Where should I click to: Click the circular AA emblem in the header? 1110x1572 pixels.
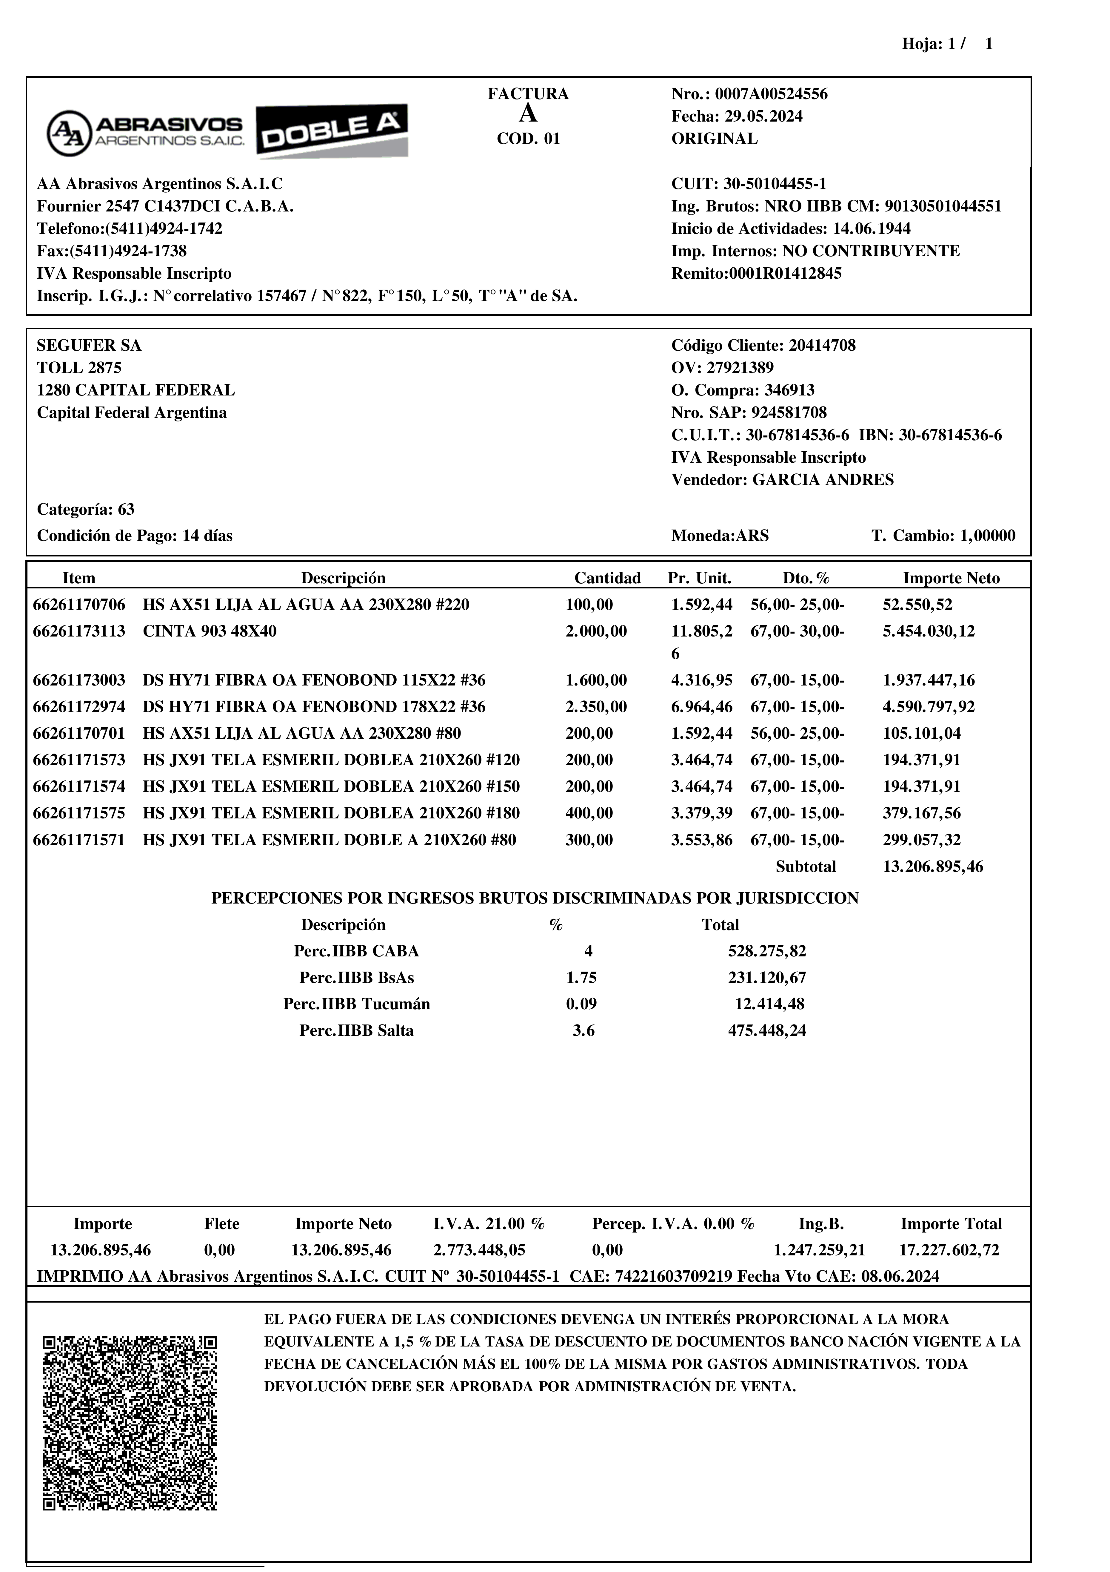tap(68, 133)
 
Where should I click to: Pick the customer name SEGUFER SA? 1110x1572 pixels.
tap(89, 346)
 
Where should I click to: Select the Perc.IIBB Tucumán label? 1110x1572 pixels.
tap(357, 1004)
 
